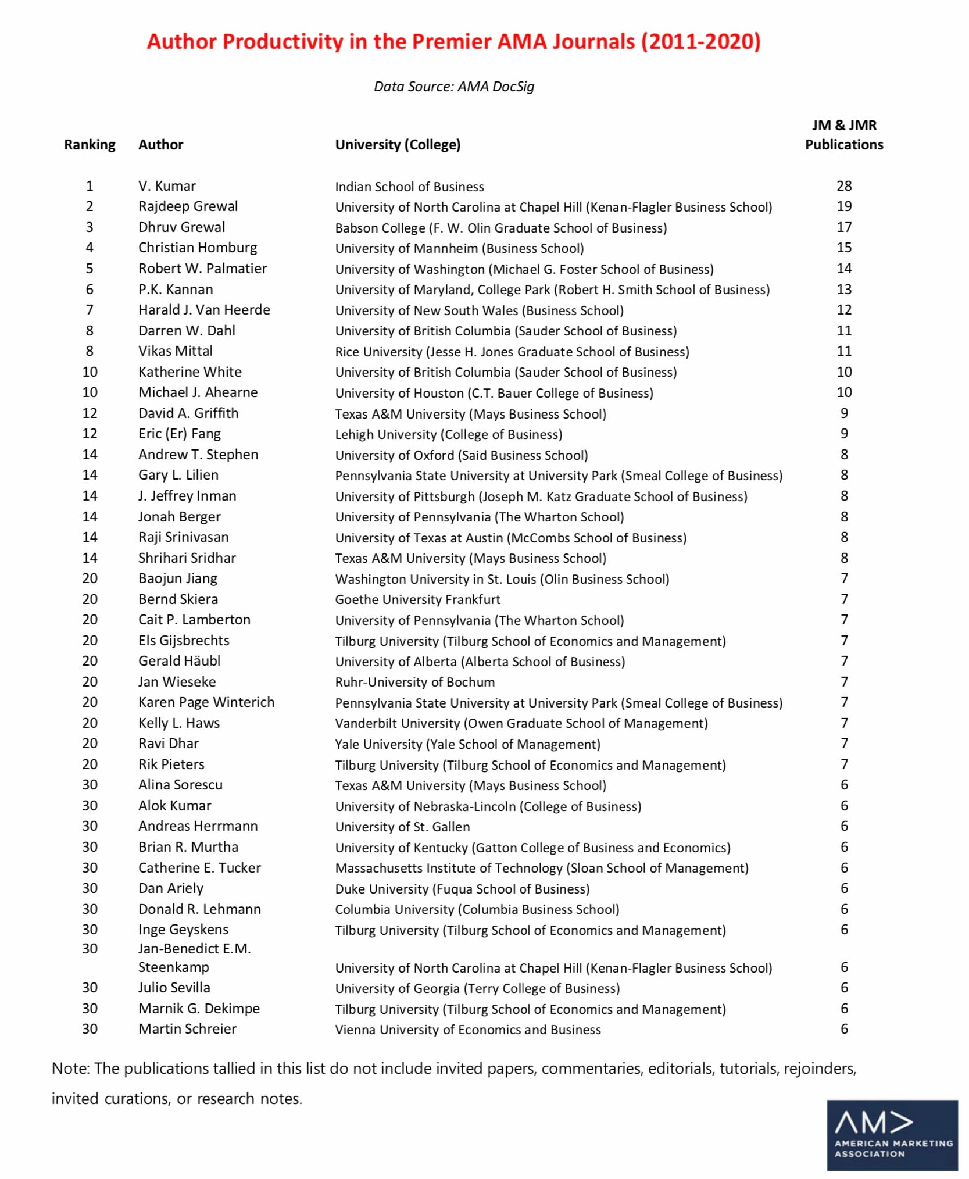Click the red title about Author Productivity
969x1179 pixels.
click(x=453, y=42)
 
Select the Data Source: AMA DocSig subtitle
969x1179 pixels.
click(x=453, y=87)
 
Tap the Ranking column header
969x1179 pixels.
click(x=90, y=145)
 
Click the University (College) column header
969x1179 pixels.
click(x=398, y=145)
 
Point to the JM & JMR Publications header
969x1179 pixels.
click(x=843, y=135)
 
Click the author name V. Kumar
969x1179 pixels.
click(x=167, y=186)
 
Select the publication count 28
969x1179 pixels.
click(x=844, y=186)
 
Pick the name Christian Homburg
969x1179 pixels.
click(x=198, y=248)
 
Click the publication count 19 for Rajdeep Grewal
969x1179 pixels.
click(x=844, y=206)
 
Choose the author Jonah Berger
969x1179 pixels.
click(x=180, y=517)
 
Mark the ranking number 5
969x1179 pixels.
click(x=90, y=269)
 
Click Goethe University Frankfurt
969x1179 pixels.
click(x=417, y=599)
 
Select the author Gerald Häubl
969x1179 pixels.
click(x=179, y=661)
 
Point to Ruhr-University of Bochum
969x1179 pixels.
click(x=414, y=682)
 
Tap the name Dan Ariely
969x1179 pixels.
click(x=171, y=888)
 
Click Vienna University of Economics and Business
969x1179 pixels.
click(x=468, y=1030)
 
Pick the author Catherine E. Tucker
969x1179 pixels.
click(x=199, y=868)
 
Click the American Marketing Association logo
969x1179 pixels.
click(x=892, y=1135)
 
